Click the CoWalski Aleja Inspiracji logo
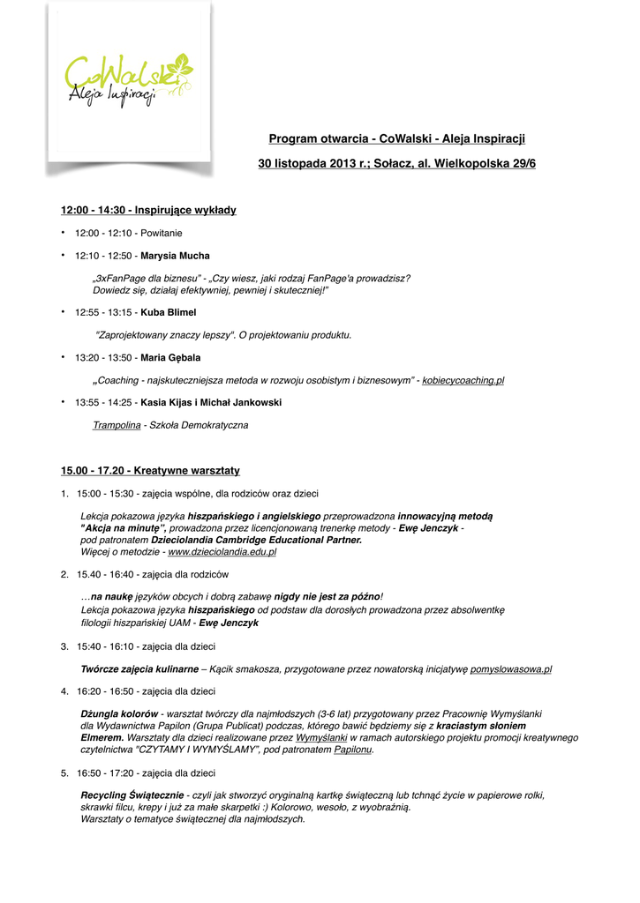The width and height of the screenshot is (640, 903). [130, 80]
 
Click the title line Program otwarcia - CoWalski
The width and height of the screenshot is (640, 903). [396, 139]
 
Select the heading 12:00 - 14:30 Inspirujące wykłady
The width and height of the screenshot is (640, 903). [148, 210]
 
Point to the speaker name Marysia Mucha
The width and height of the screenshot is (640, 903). [176, 256]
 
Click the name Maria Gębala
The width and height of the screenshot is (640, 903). [170, 358]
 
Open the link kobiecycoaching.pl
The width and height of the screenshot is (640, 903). [463, 380]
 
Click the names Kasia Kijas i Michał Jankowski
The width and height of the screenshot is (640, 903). [211, 402]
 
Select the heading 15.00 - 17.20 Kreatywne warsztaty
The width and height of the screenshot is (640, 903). [150, 471]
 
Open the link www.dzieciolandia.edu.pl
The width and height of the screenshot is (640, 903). [222, 552]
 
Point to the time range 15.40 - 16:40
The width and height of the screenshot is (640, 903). [106, 574]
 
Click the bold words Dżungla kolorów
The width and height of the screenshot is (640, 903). [119, 713]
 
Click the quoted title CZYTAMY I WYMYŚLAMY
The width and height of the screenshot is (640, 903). [196, 750]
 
